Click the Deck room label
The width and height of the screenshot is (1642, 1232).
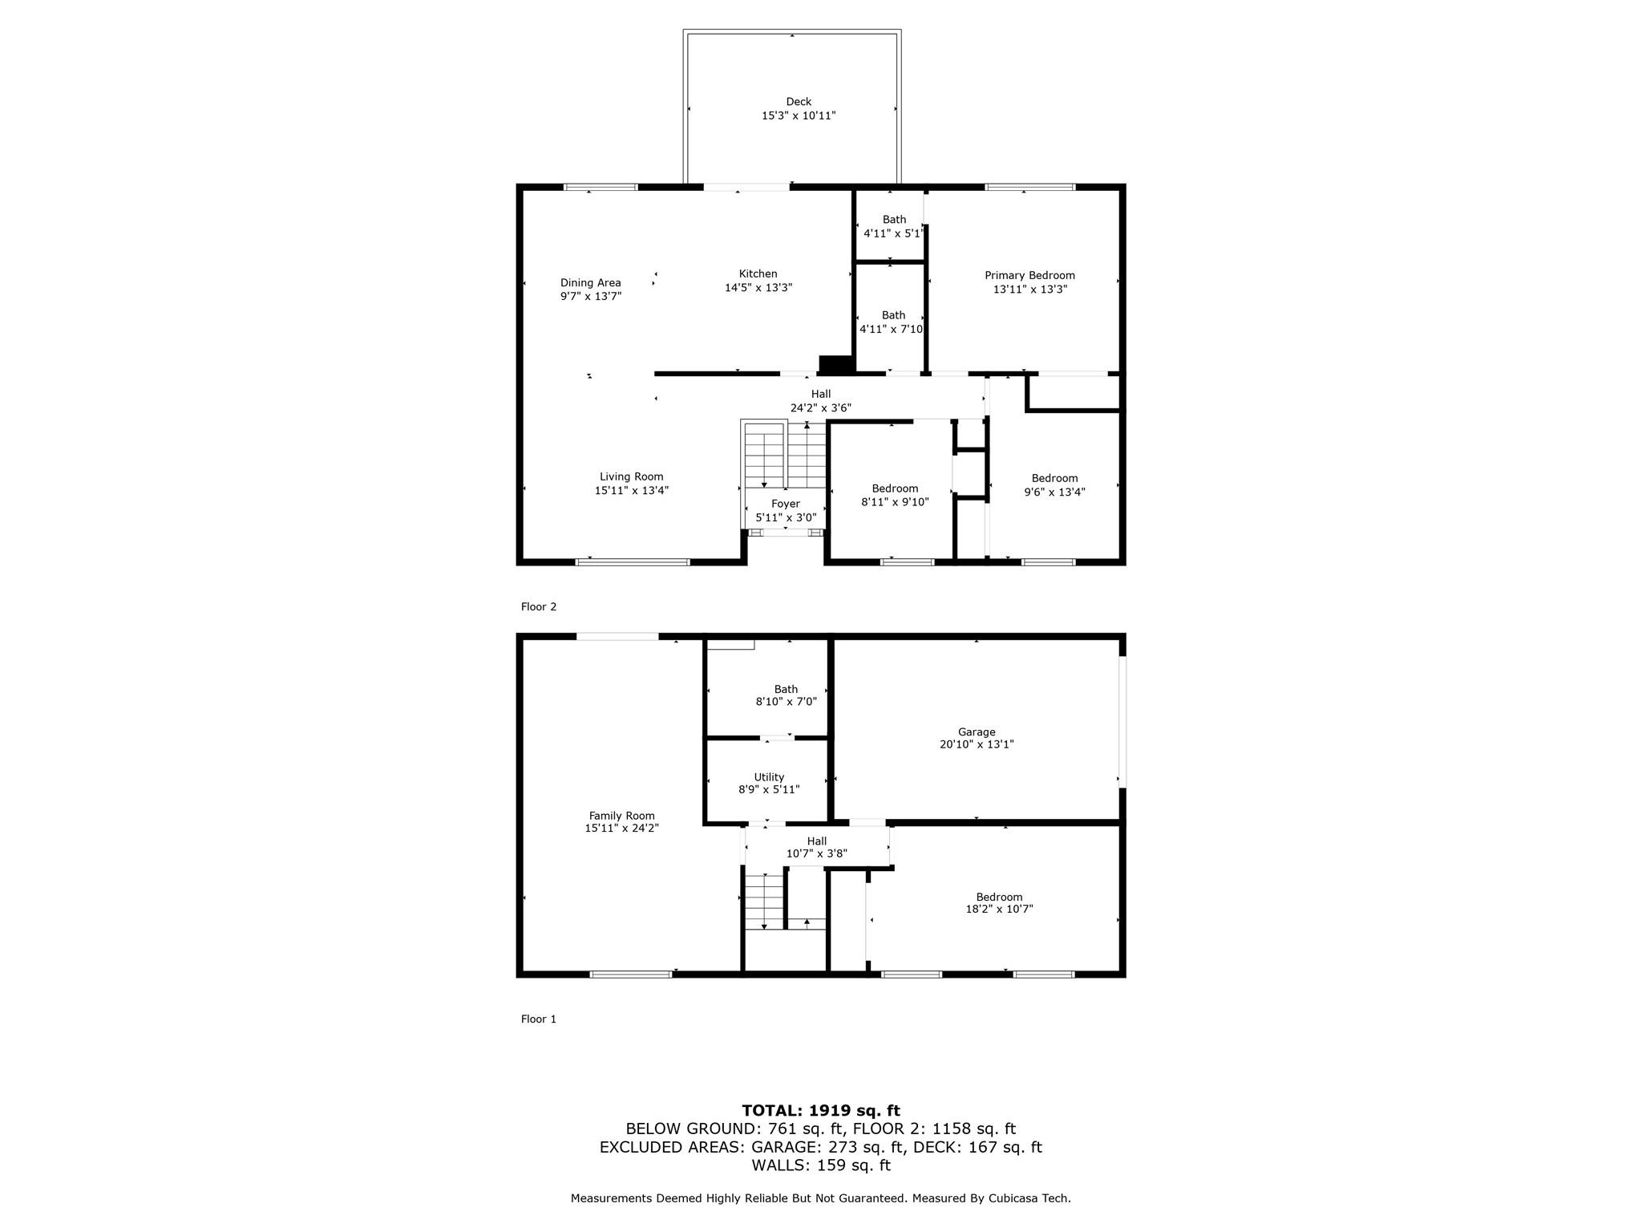tap(799, 102)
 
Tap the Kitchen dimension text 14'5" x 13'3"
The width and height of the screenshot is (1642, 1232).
tap(758, 288)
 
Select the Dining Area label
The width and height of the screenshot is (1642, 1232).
tap(591, 282)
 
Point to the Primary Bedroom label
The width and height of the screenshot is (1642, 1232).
tap(1030, 275)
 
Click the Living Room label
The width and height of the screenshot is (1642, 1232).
tap(632, 476)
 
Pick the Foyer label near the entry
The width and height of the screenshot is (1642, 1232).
tap(786, 504)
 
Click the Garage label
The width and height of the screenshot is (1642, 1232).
tap(977, 731)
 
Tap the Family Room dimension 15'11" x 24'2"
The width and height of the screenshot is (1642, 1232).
tap(622, 828)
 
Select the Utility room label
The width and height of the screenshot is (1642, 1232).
tap(769, 776)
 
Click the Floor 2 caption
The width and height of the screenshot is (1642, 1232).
tap(539, 606)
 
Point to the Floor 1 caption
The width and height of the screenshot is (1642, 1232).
tap(539, 1019)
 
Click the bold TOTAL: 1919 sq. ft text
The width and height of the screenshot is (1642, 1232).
tap(821, 1111)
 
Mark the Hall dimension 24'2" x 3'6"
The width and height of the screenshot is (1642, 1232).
tap(821, 407)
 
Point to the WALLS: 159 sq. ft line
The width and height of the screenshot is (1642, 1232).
tap(821, 1165)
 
